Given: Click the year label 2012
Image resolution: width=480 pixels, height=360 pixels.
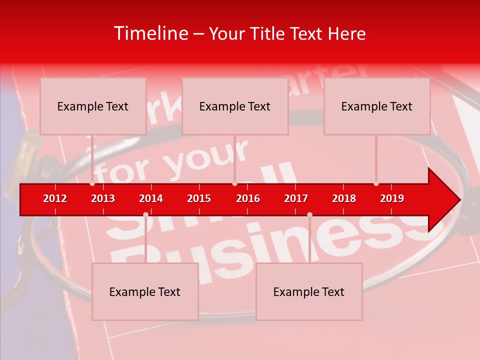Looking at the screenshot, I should (x=55, y=198).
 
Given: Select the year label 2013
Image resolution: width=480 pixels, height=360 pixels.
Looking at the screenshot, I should (x=103, y=198).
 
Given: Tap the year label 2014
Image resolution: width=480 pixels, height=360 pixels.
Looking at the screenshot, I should (x=151, y=198).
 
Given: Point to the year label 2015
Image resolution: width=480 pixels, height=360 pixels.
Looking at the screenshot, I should (x=199, y=198).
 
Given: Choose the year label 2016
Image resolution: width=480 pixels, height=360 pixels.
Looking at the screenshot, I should (x=248, y=198).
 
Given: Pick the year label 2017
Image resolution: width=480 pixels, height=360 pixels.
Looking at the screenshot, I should (x=296, y=198).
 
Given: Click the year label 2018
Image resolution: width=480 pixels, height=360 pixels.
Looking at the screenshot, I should (x=344, y=198).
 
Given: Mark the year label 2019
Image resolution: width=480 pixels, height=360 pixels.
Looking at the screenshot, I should (x=392, y=198).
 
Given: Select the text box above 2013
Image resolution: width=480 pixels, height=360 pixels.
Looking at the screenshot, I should (x=93, y=106).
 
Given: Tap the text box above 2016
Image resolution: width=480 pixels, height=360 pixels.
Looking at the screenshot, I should (x=235, y=106).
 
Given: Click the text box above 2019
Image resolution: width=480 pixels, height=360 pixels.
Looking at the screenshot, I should (x=377, y=106).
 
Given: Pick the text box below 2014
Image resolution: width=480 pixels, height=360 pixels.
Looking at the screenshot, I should (x=145, y=292).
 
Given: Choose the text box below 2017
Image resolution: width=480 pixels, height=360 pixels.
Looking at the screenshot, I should (x=309, y=292).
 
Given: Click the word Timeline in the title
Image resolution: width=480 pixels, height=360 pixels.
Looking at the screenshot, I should (x=150, y=33).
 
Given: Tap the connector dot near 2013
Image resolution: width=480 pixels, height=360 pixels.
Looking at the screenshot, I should (x=92, y=183).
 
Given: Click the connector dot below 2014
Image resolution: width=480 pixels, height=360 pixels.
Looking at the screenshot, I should (x=145, y=214).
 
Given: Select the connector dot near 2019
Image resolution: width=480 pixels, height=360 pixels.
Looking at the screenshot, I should (x=376, y=183).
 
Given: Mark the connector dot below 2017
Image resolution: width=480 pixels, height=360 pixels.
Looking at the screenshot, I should (x=309, y=214).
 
